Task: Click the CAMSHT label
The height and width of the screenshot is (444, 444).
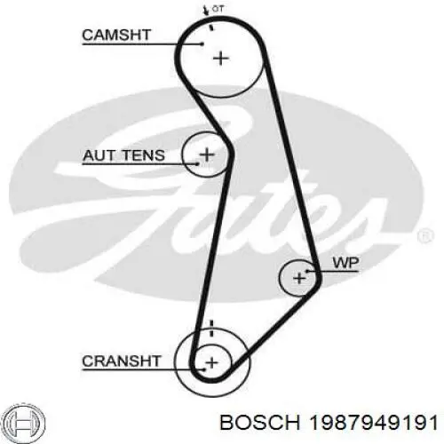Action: (x=116, y=35)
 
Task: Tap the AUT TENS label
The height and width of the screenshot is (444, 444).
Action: (x=123, y=155)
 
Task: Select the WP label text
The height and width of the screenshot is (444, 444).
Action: (x=345, y=263)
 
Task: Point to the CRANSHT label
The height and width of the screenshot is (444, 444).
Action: (x=122, y=361)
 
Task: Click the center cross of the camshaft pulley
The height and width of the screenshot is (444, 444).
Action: (x=221, y=59)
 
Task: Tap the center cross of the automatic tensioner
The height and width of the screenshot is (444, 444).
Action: (x=207, y=155)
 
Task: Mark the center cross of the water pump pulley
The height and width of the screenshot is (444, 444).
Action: (x=299, y=278)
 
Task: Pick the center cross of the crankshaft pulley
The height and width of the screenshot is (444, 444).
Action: (x=211, y=362)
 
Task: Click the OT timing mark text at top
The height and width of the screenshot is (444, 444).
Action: (x=218, y=9)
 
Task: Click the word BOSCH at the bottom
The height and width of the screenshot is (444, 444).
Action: (x=260, y=423)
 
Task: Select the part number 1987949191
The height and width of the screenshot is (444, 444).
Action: (x=373, y=423)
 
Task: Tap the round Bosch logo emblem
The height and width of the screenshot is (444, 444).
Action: (x=26, y=423)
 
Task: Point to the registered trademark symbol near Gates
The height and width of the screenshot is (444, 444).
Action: (x=425, y=236)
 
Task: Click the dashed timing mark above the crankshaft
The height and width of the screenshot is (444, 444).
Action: (x=211, y=328)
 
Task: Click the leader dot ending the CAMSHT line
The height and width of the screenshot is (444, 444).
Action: (x=202, y=44)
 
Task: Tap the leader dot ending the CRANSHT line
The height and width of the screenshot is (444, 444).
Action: (x=204, y=369)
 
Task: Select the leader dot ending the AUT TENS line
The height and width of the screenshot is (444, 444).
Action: (x=197, y=163)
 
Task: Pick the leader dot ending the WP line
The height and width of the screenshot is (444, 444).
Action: (x=307, y=271)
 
